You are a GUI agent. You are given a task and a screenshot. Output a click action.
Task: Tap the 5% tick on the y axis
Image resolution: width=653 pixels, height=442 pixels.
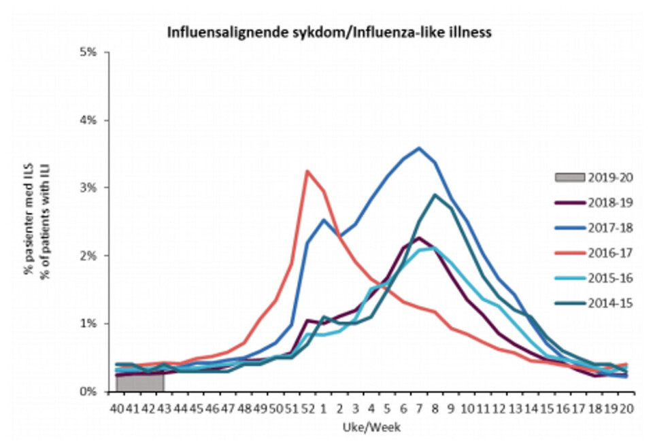pos(90,52)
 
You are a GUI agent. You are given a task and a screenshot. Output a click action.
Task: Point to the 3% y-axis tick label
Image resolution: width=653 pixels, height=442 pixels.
pos(90,188)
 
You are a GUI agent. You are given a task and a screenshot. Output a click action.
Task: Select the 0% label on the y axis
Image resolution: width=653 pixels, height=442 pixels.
pos(90,392)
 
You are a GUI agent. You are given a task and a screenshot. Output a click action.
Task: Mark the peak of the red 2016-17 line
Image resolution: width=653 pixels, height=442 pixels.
pos(307,171)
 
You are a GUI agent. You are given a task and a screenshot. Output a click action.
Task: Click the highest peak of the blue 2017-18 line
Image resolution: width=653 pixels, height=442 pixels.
pos(420,148)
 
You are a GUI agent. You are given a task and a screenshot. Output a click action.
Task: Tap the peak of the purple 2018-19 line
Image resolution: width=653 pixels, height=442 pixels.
pos(420,237)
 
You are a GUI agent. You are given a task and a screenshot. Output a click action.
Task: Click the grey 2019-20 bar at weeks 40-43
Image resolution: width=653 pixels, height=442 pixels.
pos(140,382)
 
